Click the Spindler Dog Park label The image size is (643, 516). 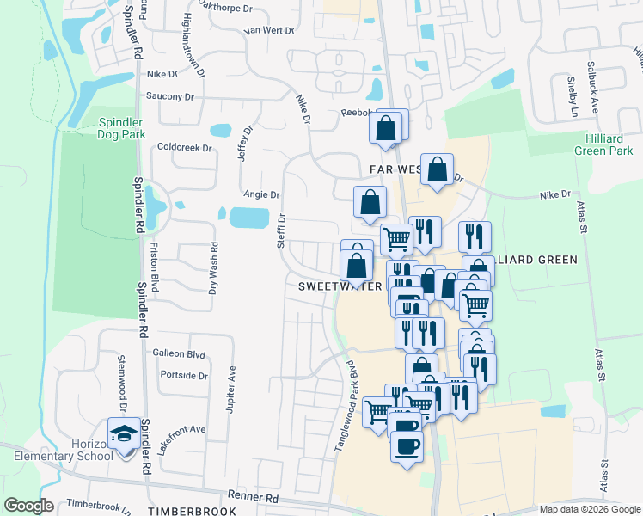[x=120, y=128]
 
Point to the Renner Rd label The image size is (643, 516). [x=254, y=496]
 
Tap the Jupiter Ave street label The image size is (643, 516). [x=231, y=384]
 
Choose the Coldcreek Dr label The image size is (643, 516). [x=184, y=147]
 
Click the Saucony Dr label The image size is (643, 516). [x=170, y=96]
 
